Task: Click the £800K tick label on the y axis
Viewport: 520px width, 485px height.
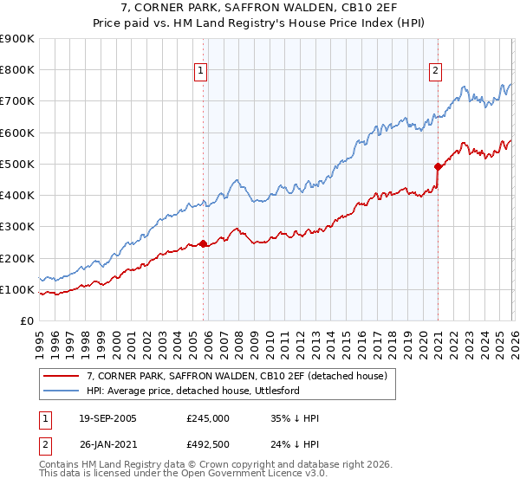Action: pos(17,70)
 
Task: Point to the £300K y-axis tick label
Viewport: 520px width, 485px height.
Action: pos(17,227)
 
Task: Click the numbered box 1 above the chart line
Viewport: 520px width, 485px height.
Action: pos(201,72)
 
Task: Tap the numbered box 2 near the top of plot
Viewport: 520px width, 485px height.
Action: pos(435,72)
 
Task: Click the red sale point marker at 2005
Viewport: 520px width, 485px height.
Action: pos(204,244)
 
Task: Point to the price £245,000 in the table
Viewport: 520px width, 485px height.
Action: pos(208,418)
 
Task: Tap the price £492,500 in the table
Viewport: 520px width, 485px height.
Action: pos(208,444)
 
